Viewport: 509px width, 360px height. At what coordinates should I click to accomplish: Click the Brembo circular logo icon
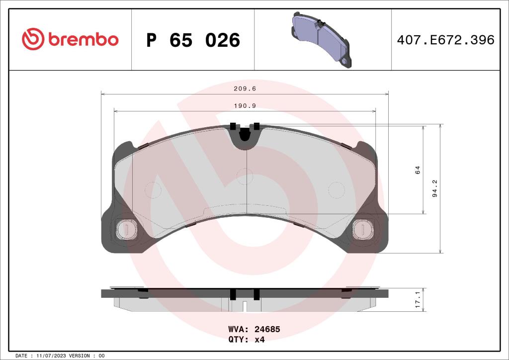(x=33, y=39)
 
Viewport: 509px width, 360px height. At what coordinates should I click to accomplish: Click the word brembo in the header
(x=83, y=40)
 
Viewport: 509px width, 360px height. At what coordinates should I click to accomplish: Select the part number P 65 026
(x=193, y=40)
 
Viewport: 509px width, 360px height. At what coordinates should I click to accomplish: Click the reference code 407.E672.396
(x=445, y=40)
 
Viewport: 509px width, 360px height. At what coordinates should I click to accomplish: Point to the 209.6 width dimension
(x=245, y=89)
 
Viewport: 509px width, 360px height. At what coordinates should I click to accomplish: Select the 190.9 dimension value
(x=245, y=105)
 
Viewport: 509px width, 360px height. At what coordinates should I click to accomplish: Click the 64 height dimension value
(x=418, y=170)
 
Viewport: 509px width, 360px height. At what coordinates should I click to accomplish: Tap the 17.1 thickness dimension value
(x=418, y=300)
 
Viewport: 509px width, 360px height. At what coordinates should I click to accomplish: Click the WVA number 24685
(x=268, y=329)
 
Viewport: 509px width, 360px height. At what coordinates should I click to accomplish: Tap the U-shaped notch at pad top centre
(x=244, y=135)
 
